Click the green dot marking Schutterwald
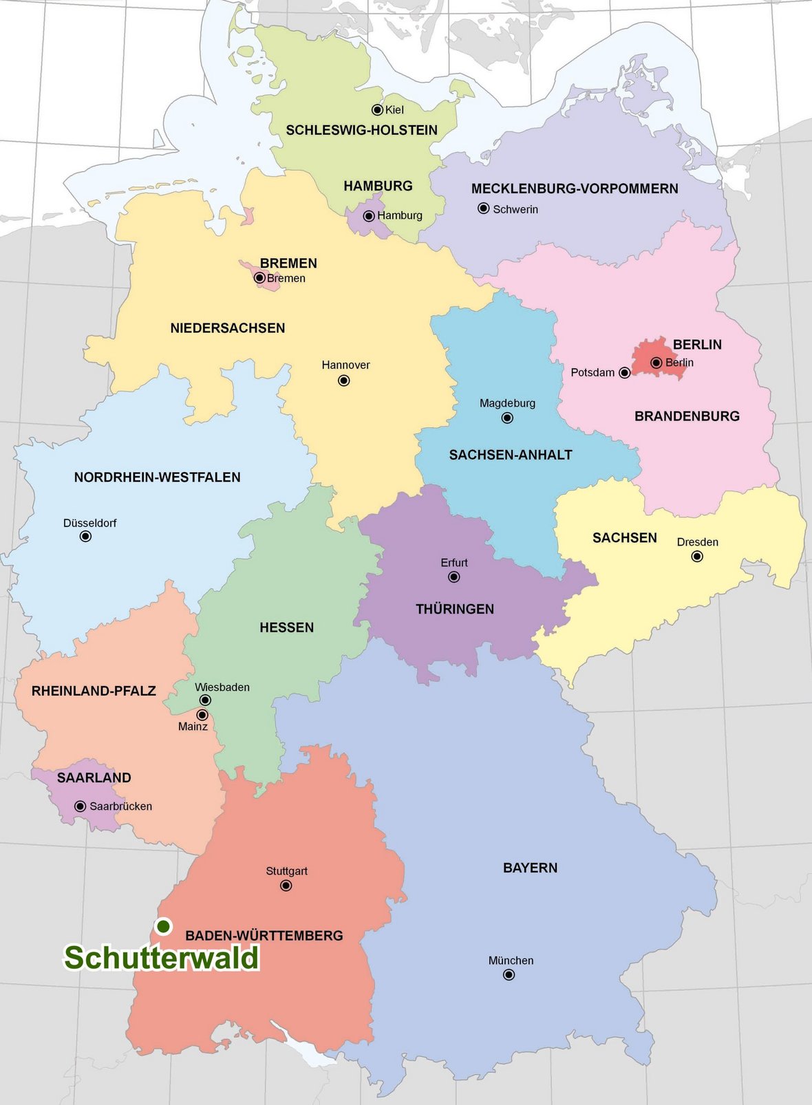[x=163, y=926]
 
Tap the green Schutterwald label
[x=162, y=958]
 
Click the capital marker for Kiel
[x=377, y=109]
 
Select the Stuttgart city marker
[x=286, y=886]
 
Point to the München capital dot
[x=509, y=974]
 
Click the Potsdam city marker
[x=624, y=372]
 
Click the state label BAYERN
[x=530, y=868]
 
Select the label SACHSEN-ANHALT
[x=510, y=455]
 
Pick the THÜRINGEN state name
[x=455, y=609]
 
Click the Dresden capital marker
[x=697, y=556]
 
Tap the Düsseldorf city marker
[x=85, y=536]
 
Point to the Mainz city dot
[x=202, y=715]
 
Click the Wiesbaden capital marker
[x=205, y=700]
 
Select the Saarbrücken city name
[x=120, y=806]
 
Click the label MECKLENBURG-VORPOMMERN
[x=575, y=189]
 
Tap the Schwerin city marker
[x=484, y=208]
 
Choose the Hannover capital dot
[x=344, y=380]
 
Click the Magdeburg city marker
[x=507, y=418]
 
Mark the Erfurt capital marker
[x=454, y=577]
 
